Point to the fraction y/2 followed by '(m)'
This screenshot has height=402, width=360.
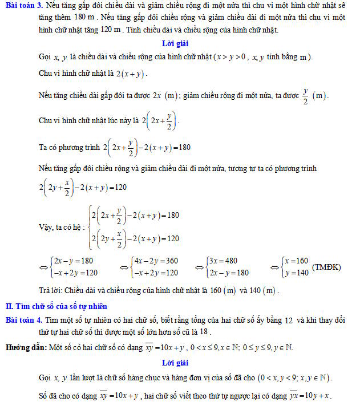point(306,95)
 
